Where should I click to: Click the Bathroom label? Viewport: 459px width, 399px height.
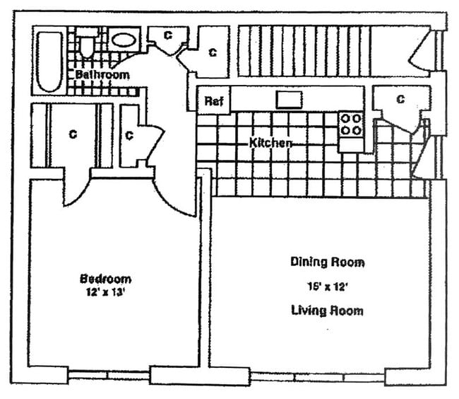(102, 74)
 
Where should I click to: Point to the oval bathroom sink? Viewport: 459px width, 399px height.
(124, 39)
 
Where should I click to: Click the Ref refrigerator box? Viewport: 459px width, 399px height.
(214, 101)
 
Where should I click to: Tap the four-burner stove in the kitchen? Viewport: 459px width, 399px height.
(350, 125)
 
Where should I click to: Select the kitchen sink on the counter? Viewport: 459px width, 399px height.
(289, 99)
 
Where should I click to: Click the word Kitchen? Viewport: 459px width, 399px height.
(270, 143)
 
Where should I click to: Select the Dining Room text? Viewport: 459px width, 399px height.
(328, 262)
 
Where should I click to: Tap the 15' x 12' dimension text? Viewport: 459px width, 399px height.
(328, 287)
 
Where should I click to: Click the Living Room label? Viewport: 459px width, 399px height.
(328, 311)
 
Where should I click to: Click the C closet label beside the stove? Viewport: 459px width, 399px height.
(400, 100)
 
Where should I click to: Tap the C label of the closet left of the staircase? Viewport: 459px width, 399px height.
(211, 52)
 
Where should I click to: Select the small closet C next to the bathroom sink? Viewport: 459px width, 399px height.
(168, 35)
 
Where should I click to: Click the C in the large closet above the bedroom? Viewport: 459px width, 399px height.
(73, 134)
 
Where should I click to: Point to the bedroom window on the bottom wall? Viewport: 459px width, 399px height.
(109, 374)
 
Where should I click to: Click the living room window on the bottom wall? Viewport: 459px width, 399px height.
(317, 376)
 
